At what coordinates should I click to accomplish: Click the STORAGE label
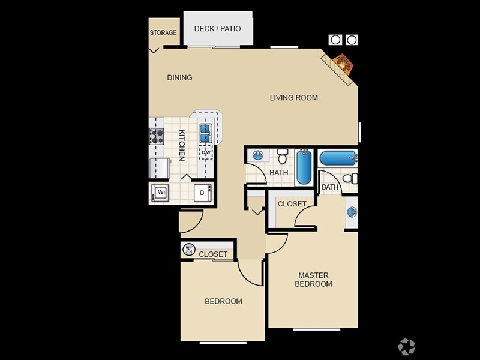tap(163, 33)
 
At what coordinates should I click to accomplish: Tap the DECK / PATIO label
tap(217, 29)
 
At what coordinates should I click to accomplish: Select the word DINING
tap(179, 77)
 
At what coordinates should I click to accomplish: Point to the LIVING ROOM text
tap(293, 98)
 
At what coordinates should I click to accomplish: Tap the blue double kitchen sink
tap(205, 133)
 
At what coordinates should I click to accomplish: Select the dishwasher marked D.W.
tap(206, 153)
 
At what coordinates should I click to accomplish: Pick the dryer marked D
tap(202, 193)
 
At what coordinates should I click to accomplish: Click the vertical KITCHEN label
tap(181, 145)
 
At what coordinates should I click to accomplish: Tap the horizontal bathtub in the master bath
tap(338, 158)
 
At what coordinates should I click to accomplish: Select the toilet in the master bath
tap(352, 178)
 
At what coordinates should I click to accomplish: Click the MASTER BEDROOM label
tap(313, 280)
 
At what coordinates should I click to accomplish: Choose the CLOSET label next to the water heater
tap(213, 254)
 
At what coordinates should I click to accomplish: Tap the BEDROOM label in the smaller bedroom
tap(223, 301)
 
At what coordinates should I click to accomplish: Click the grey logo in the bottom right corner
tap(406, 346)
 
